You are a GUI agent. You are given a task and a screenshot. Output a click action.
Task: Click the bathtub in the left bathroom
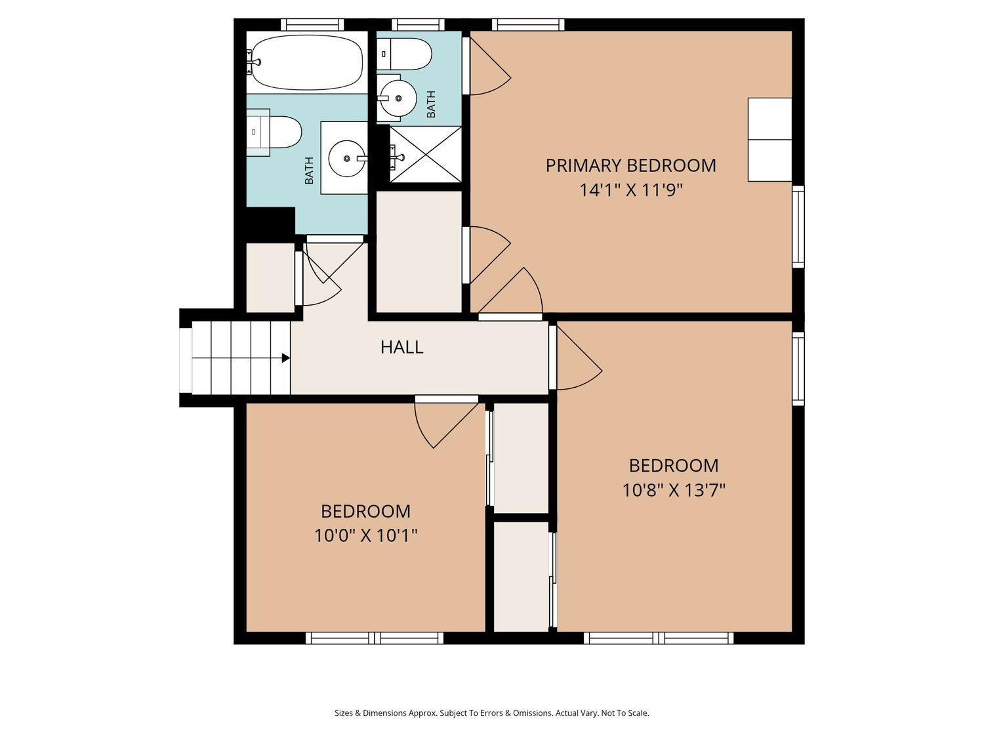(x=307, y=62)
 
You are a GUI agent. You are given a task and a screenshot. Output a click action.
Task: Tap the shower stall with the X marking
(x=426, y=154)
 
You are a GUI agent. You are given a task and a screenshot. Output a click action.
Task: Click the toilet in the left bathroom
(x=275, y=132)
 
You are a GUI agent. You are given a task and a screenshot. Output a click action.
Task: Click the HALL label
(x=401, y=347)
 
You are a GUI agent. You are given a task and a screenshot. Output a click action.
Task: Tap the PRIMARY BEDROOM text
(x=630, y=165)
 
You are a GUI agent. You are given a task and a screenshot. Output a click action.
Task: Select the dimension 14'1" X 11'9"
(x=630, y=190)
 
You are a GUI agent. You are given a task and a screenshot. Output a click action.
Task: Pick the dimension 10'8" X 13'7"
(x=673, y=490)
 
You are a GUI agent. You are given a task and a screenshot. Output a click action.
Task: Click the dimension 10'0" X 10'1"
(x=365, y=536)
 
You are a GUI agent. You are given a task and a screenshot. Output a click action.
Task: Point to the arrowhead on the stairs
(x=286, y=358)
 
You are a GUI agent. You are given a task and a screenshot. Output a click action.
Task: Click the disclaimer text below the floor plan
(x=491, y=713)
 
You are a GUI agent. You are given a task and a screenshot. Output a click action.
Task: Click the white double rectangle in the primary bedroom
(x=769, y=139)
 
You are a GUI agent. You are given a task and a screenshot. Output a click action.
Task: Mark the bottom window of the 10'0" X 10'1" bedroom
(x=375, y=638)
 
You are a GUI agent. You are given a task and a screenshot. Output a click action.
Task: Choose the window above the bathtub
(x=312, y=25)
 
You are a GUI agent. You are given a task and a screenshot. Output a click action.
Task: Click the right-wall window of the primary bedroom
(x=798, y=226)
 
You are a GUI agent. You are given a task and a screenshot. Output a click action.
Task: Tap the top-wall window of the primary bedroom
(x=528, y=25)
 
